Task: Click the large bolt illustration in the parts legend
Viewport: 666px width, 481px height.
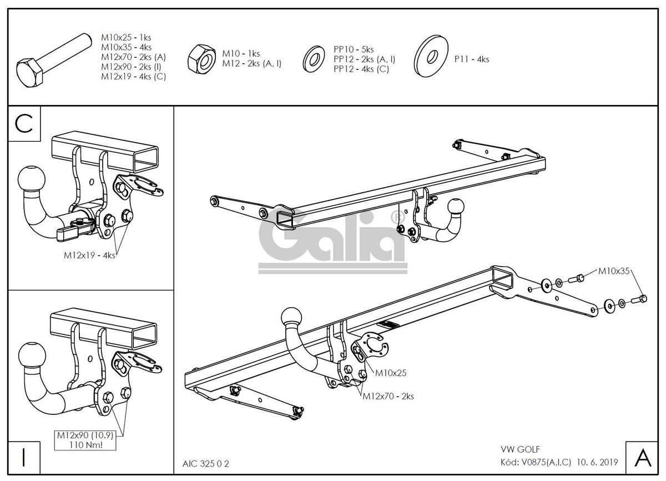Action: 54,60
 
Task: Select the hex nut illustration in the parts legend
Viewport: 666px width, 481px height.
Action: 202,59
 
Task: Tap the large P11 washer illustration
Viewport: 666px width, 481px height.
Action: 431,56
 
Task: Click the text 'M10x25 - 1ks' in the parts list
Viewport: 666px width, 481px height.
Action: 126,37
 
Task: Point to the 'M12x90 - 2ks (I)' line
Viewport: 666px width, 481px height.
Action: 131,67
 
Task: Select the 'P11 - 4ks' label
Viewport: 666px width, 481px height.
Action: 472,59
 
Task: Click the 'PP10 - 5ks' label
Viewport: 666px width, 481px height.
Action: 354,49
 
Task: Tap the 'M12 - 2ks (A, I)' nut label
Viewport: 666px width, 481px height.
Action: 251,63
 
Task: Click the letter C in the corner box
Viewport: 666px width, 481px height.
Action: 24,124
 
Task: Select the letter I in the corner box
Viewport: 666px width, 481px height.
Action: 24,458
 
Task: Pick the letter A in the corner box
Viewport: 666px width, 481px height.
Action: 643,458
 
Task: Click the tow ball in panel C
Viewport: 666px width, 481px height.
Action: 32,179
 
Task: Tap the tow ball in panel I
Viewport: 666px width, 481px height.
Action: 32,356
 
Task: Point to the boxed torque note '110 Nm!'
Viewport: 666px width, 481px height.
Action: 85,445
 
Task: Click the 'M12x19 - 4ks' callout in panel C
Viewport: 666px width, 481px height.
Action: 89,255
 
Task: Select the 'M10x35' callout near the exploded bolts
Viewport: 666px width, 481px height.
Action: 614,271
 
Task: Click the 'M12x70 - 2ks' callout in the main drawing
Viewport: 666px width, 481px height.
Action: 388,396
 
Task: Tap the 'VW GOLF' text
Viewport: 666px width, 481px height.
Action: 520,449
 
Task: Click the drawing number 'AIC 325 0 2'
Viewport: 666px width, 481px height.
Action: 206,464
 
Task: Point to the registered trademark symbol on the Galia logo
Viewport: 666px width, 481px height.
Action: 397,218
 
